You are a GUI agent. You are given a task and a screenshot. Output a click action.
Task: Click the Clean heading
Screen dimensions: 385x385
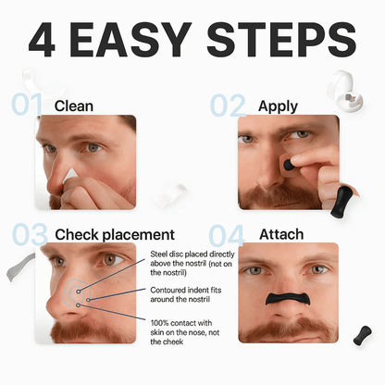[74, 106]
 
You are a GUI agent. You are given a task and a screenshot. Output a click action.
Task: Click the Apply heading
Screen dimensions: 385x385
[277, 106]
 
